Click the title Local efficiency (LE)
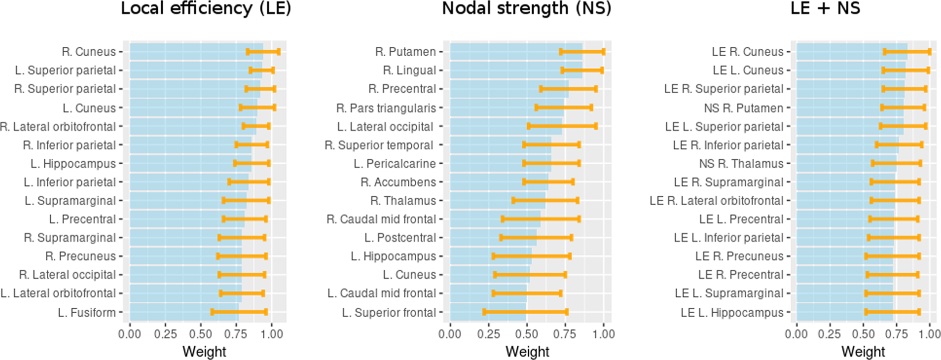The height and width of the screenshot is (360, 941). (x=206, y=8)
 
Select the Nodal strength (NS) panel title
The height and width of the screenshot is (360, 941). (x=527, y=8)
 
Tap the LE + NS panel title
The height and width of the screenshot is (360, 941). (x=825, y=8)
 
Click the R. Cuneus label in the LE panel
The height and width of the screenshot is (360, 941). (x=89, y=52)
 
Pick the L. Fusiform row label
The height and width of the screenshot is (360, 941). (x=87, y=313)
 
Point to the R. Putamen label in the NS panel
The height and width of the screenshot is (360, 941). (x=405, y=52)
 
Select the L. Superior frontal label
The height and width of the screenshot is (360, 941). (x=388, y=313)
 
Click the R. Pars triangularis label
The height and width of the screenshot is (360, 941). (x=386, y=108)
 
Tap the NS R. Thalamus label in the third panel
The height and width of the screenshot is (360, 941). (x=741, y=164)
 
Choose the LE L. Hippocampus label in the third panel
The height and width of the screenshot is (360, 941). (x=732, y=313)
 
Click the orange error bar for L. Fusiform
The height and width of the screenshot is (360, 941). (x=239, y=312)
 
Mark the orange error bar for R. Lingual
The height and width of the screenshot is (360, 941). (x=582, y=70)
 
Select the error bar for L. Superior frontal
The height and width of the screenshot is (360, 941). (x=525, y=312)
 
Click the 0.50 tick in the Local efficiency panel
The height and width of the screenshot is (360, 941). (x=201, y=334)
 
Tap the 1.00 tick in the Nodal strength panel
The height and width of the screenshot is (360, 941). (x=603, y=334)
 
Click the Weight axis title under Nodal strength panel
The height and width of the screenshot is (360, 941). (x=527, y=352)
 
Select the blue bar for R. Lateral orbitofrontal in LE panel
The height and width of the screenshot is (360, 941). (x=189, y=126)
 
